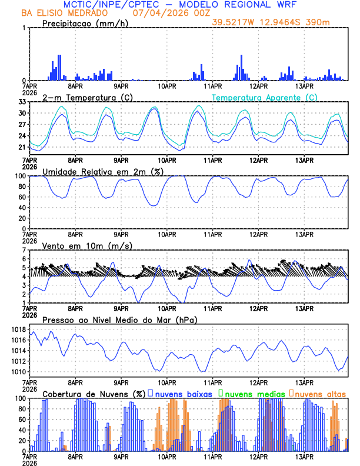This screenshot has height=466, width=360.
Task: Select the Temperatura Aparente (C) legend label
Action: [x=264, y=97]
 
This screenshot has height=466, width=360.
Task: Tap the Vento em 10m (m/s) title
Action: [x=79, y=245]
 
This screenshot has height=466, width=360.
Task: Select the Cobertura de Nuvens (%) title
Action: [x=94, y=393]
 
